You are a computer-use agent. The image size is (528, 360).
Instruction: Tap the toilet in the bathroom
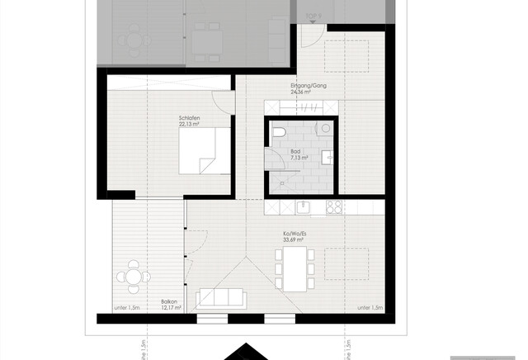[x=278, y=135]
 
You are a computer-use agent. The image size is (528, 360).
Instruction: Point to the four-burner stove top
[x=334, y=206]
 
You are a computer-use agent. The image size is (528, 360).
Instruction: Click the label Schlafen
[x=190, y=119]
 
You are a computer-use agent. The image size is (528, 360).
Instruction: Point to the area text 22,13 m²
[x=190, y=126]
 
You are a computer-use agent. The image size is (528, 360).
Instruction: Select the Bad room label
[x=295, y=151]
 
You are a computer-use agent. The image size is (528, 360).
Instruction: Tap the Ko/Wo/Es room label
[x=295, y=234]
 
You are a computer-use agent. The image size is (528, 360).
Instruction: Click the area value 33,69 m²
[x=295, y=240]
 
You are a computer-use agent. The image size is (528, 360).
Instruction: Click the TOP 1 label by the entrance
[x=313, y=16]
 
